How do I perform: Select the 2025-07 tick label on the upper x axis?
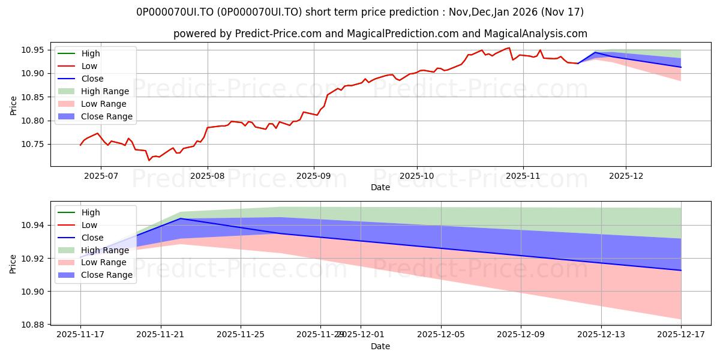coord(100,175)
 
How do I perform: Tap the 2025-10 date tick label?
coord(416,175)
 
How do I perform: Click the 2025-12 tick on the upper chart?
coord(626,175)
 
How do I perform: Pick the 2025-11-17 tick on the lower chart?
coord(80,334)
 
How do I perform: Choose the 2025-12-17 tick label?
coord(681,334)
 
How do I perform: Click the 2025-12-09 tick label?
coord(521,334)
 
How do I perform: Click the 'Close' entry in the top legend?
coord(92,79)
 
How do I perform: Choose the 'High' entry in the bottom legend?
coord(91,212)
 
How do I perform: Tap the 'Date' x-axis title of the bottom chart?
coord(380,346)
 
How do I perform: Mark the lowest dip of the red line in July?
coord(149,160)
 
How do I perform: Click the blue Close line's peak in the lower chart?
coord(181,218)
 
